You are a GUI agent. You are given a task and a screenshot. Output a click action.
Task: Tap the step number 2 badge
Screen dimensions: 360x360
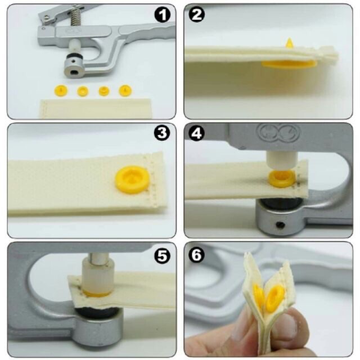pyautogui.click(x=197, y=16)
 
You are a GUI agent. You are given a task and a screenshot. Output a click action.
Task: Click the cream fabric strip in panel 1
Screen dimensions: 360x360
pyautogui.click(x=96, y=108)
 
